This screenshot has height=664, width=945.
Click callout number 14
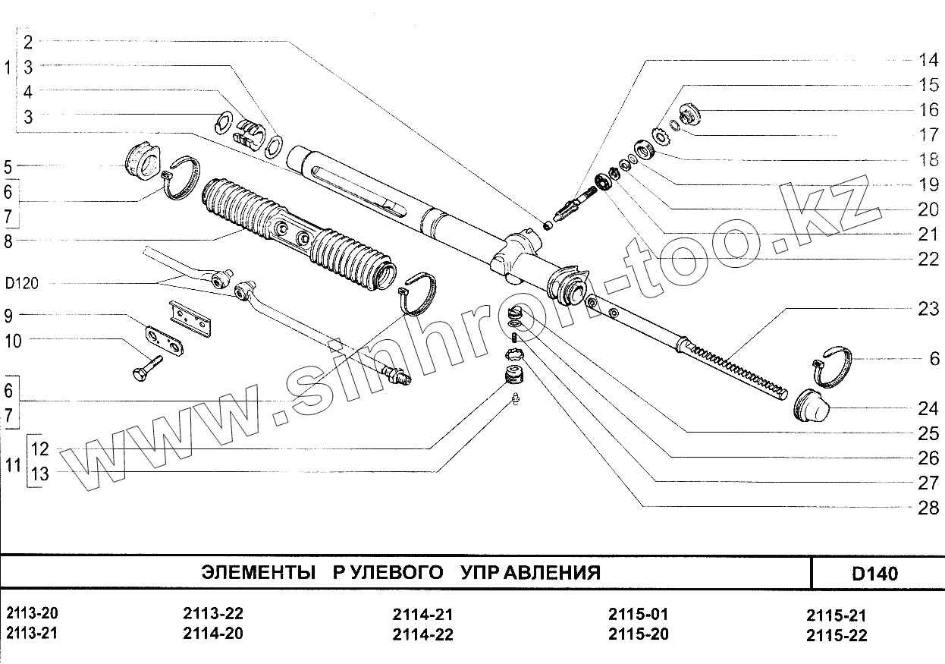click(x=928, y=60)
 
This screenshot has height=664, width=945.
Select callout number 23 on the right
click(x=928, y=308)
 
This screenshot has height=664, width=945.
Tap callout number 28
click(x=928, y=508)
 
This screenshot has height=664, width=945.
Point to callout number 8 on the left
click(x=8, y=241)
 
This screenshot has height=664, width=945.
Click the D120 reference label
click(x=21, y=283)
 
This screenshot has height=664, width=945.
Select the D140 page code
click(x=874, y=573)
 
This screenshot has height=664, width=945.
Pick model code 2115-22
click(x=837, y=635)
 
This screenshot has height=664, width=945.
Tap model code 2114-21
click(x=422, y=615)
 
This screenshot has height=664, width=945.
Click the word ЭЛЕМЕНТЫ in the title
click(x=259, y=572)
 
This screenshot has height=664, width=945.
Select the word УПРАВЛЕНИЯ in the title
click(x=530, y=572)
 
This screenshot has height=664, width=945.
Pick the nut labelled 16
click(x=690, y=115)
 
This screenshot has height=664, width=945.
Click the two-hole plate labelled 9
click(x=164, y=341)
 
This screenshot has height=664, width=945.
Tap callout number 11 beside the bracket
click(x=13, y=464)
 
